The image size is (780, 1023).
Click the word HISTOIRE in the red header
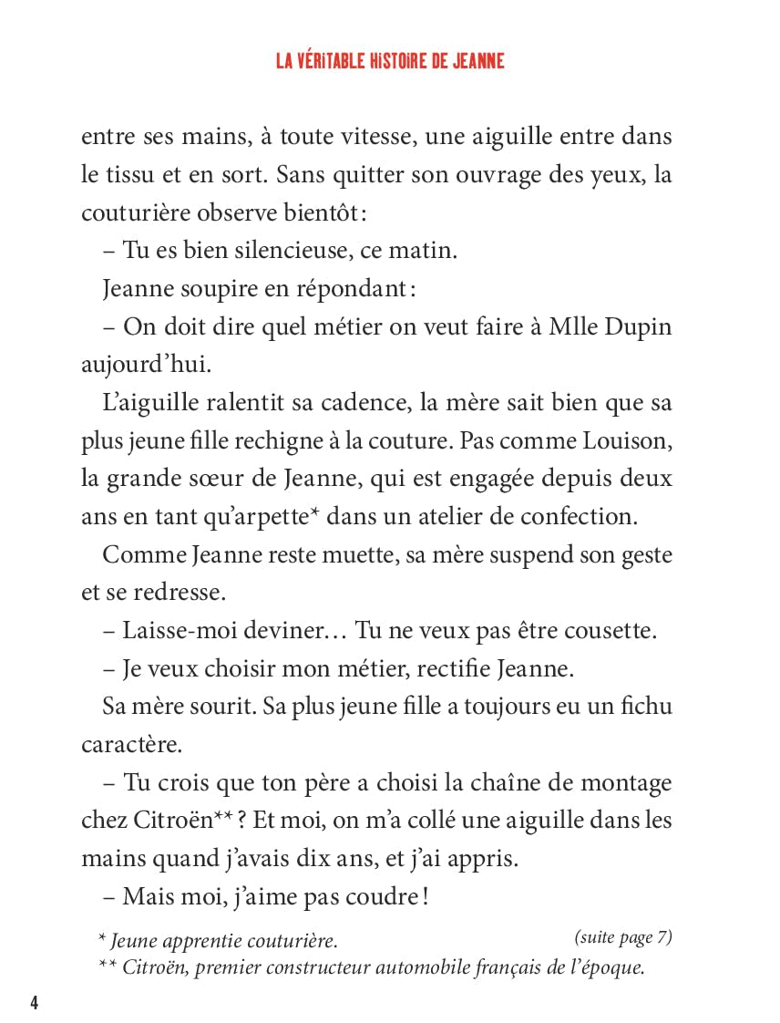381,61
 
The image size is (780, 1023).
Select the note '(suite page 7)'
623,936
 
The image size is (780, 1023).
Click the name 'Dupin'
636,326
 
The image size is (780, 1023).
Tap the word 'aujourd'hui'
133,365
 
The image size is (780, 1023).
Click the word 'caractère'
131,744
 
